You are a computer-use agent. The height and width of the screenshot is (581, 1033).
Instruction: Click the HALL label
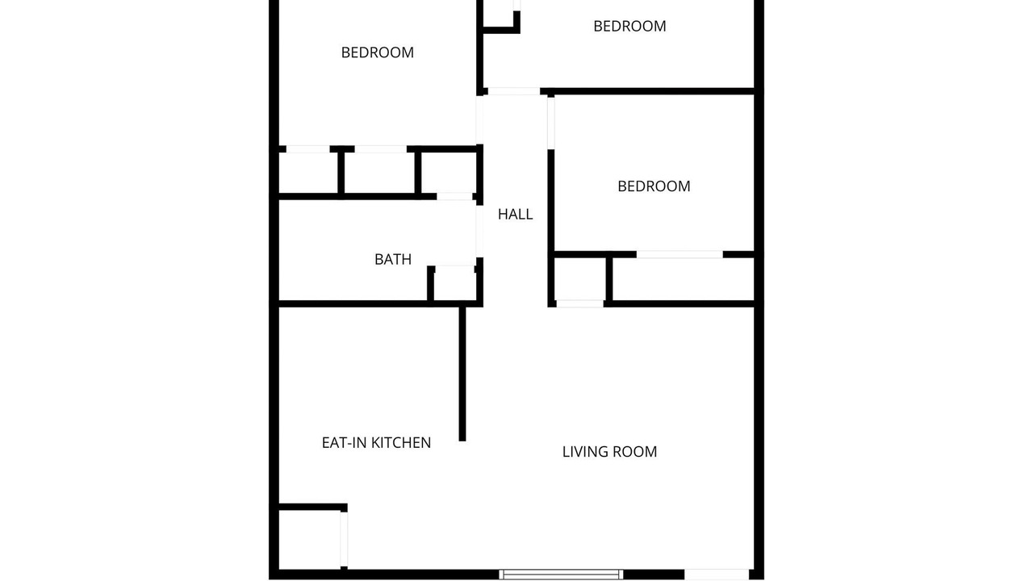coord(515,214)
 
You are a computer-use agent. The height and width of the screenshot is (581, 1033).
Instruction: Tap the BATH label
coord(393,260)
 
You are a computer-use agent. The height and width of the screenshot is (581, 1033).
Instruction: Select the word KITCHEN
coord(401,443)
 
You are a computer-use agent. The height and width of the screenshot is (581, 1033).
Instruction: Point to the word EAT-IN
coord(345,443)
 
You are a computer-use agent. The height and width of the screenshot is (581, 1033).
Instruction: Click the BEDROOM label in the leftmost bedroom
coord(377,52)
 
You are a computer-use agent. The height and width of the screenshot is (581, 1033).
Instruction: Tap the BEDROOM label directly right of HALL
coord(654,186)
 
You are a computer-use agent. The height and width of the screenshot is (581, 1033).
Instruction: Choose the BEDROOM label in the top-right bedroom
coord(629,27)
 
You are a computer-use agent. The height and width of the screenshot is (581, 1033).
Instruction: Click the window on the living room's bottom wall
coord(561,575)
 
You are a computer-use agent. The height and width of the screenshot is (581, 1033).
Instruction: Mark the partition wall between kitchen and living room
coord(462,374)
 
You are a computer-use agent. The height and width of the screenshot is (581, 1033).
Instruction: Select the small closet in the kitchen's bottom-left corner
coord(310,540)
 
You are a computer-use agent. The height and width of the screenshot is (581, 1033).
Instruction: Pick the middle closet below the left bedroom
coord(379,173)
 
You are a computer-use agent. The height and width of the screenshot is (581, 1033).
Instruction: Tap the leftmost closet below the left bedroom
coord(308,173)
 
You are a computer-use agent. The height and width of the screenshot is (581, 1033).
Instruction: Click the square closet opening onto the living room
coord(579,279)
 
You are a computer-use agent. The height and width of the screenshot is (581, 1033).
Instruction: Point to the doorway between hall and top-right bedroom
coord(514,91)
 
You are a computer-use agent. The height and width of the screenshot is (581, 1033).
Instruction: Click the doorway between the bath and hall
coord(479,231)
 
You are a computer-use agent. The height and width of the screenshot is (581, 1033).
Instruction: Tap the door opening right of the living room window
coord(717,575)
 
